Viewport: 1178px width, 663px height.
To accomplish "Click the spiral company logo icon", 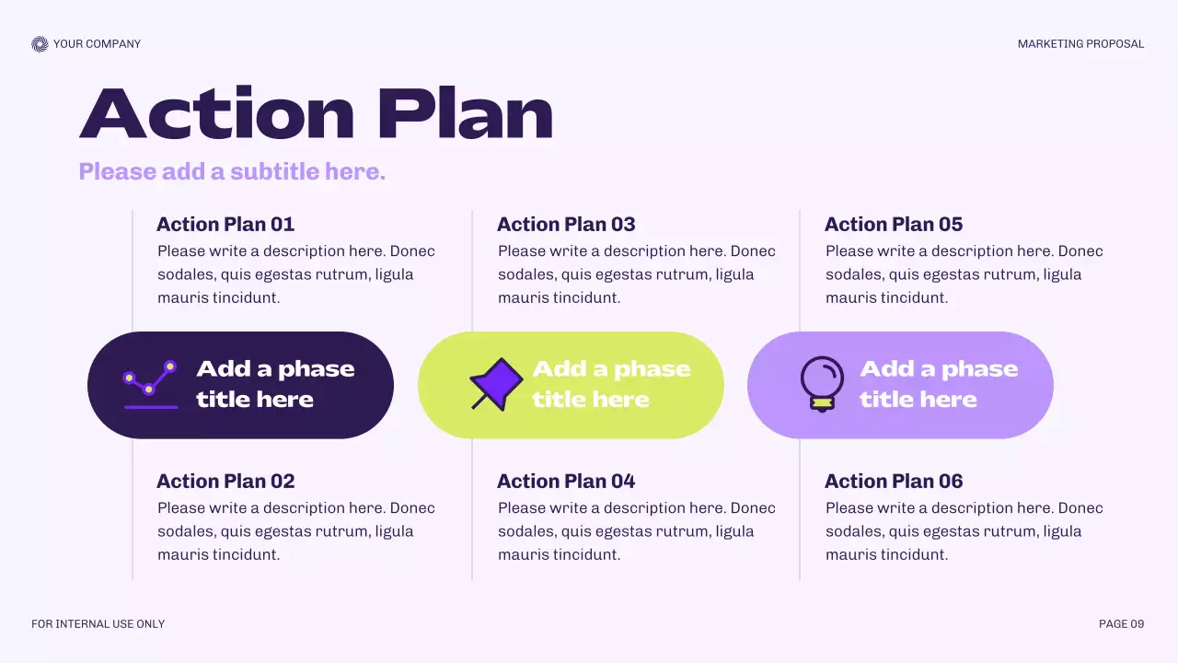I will tap(39, 44).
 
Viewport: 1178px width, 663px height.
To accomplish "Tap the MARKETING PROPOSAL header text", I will tap(1080, 44).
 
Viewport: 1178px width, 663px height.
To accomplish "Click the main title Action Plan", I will tap(316, 113).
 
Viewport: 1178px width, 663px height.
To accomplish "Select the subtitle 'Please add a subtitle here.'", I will tap(232, 171).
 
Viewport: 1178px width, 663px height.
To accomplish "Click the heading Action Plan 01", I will tap(225, 224).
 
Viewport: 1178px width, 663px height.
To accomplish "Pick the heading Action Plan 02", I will tap(225, 481).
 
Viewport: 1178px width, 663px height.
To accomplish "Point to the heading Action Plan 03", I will tap(566, 224).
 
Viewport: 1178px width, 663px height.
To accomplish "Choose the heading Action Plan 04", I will tap(566, 481).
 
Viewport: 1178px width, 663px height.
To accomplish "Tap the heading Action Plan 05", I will tap(894, 224).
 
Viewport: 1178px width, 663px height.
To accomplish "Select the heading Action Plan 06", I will tap(894, 481).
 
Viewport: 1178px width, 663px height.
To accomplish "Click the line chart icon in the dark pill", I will tap(150, 384).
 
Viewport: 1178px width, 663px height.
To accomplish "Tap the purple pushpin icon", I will tap(496, 384).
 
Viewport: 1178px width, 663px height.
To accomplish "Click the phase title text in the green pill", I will tap(611, 384).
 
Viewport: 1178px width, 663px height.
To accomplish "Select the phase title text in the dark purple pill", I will tap(275, 384).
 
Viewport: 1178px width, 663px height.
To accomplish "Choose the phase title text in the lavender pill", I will tap(939, 384).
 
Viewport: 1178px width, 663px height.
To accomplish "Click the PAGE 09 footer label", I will tap(1121, 624).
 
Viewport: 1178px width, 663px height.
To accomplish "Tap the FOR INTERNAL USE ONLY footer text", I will tap(98, 624).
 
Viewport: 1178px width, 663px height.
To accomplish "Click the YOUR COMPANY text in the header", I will tap(97, 44).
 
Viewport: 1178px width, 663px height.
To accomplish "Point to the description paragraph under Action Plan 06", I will tap(964, 531).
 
